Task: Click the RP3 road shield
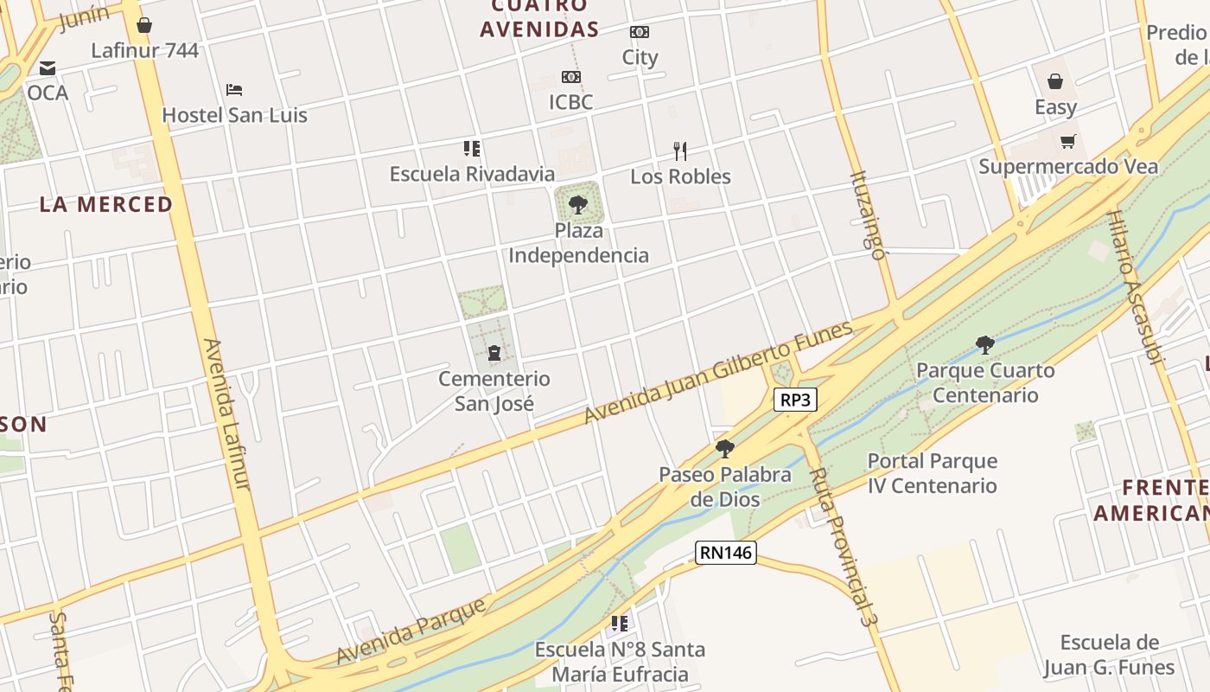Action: pyautogui.click(x=795, y=400)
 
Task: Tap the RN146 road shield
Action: pyautogui.click(x=726, y=553)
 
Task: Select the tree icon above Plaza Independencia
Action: pyautogui.click(x=578, y=205)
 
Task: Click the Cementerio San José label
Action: pyautogui.click(x=494, y=391)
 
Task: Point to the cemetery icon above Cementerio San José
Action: pyautogui.click(x=494, y=353)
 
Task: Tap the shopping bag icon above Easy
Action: pyautogui.click(x=1055, y=81)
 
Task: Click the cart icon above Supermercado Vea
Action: pyautogui.click(x=1068, y=141)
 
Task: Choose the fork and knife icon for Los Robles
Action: pyautogui.click(x=681, y=151)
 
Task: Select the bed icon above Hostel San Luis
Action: pyautogui.click(x=234, y=89)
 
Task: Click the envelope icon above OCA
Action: pyautogui.click(x=48, y=67)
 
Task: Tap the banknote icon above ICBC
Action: pyautogui.click(x=570, y=77)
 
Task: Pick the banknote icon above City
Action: pyautogui.click(x=640, y=32)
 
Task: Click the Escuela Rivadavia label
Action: pyautogui.click(x=472, y=174)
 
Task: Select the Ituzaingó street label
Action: pyautogui.click(x=868, y=216)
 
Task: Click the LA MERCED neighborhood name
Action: pyautogui.click(x=106, y=205)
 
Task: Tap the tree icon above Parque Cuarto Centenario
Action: pyautogui.click(x=984, y=345)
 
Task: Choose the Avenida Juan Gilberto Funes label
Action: pyautogui.click(x=718, y=373)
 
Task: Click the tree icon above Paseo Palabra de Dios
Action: pyautogui.click(x=725, y=448)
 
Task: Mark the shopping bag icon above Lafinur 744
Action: pyautogui.click(x=144, y=25)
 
